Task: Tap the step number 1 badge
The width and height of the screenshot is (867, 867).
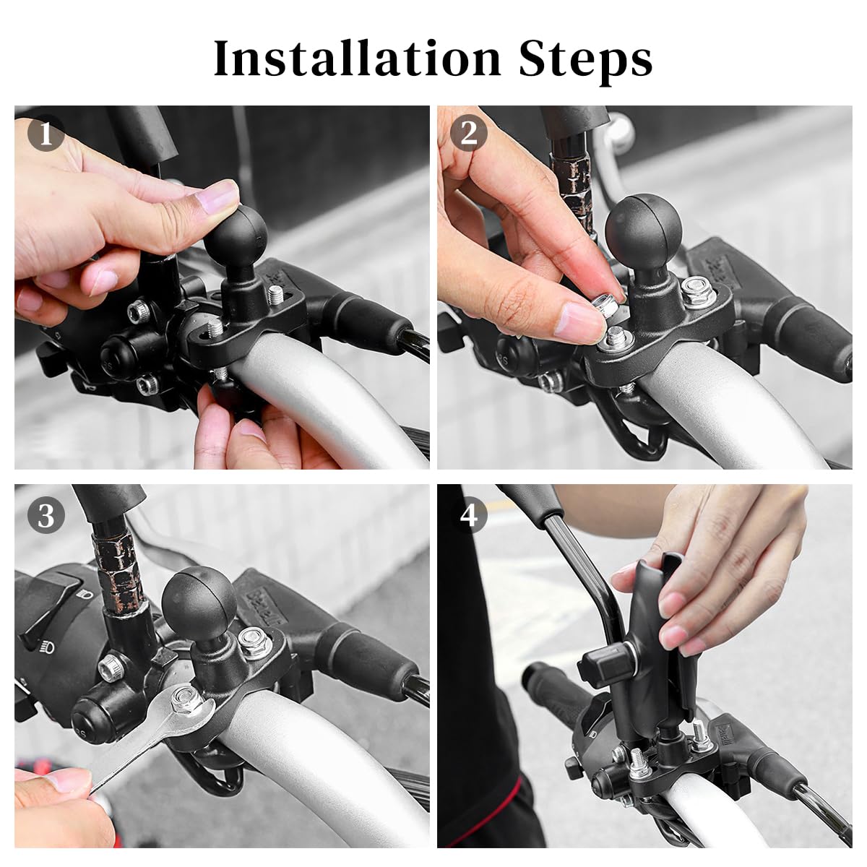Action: [46, 135]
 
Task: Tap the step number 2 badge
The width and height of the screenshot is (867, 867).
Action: [469, 134]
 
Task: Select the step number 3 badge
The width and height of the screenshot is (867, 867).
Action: [46, 516]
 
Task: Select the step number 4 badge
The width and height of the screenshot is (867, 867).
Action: [469, 516]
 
